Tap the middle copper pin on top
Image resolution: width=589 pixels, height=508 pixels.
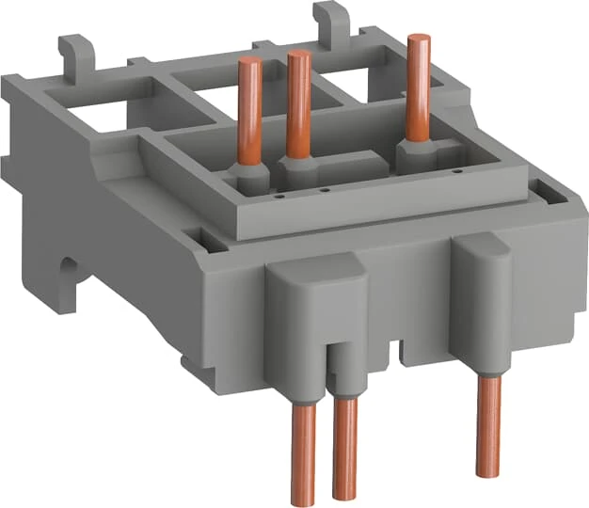pyautogui.click(x=299, y=103)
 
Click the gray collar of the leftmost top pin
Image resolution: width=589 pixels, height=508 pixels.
pyautogui.click(x=247, y=177)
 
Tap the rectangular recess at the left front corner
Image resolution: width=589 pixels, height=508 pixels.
pyautogui.click(x=209, y=245)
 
